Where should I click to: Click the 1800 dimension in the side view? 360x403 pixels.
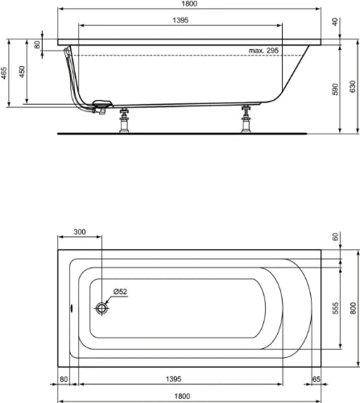189,3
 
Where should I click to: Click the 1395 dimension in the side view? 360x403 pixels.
180,20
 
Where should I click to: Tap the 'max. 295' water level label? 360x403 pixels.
263,51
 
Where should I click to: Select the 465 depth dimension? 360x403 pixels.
4,73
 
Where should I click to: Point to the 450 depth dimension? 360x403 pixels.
22,72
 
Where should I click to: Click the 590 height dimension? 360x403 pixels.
335,89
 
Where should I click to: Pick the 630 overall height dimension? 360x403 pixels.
353,86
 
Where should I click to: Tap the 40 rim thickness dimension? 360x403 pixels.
335,22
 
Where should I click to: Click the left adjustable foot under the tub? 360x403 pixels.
124,120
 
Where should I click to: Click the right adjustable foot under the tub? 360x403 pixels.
246,118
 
